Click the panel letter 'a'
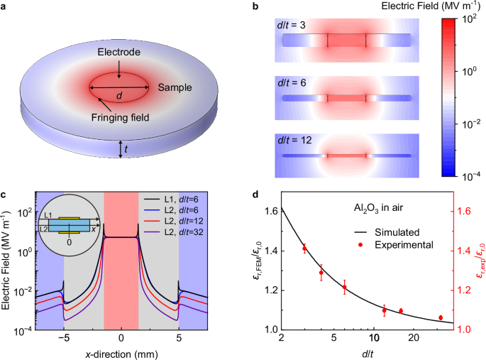click(5, 6)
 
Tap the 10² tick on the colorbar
click(470, 19)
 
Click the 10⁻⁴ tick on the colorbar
click(470, 174)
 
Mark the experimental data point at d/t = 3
click(304, 249)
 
